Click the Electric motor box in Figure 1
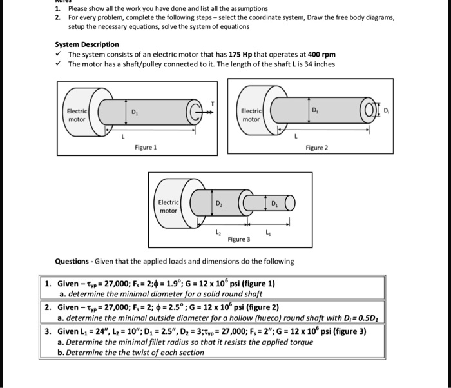coord(76,115)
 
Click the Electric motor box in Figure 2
coord(251,115)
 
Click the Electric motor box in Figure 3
coord(168,206)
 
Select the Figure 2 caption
coord(317,148)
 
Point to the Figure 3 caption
coord(238,239)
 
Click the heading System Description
coord(87,44)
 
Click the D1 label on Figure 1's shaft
coord(134,112)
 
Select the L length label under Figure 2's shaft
coord(296,136)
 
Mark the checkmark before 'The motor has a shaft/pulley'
coord(59,64)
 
